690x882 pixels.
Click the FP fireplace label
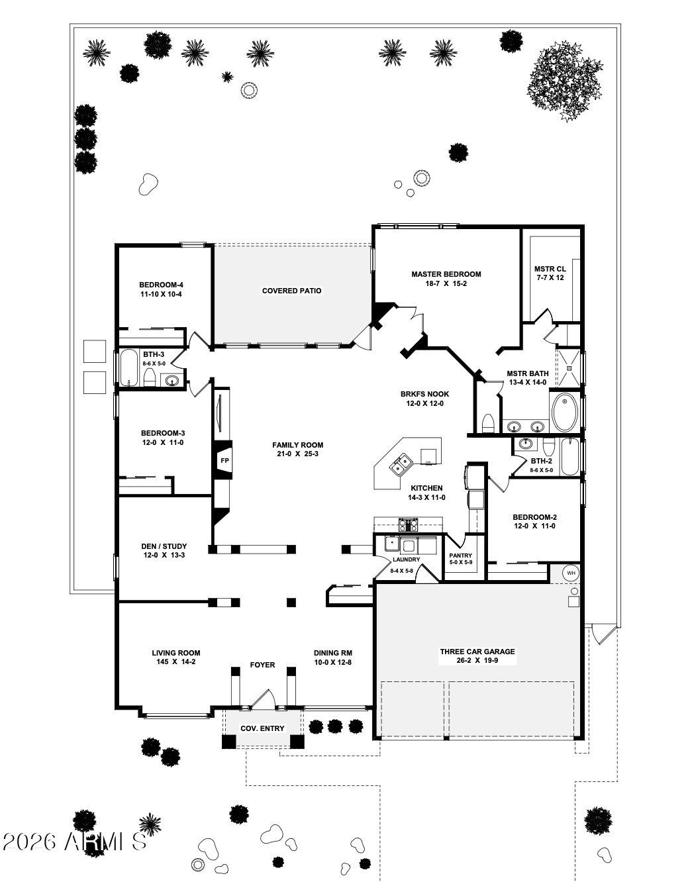pyautogui.click(x=224, y=461)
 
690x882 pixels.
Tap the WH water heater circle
pyautogui.click(x=571, y=572)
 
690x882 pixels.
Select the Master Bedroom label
pyautogui.click(x=446, y=274)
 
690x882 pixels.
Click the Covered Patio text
pyautogui.click(x=291, y=291)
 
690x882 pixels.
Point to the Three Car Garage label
pyautogui.click(x=477, y=652)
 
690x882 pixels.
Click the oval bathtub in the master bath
pyautogui.click(x=565, y=411)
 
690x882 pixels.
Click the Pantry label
pyautogui.click(x=460, y=556)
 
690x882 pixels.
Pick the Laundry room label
pyautogui.click(x=406, y=560)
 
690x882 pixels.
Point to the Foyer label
pyautogui.click(x=262, y=665)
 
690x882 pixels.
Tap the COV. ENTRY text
pyautogui.click(x=262, y=728)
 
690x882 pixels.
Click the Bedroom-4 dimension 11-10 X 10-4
pyautogui.click(x=161, y=294)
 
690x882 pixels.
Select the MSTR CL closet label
pyautogui.click(x=550, y=269)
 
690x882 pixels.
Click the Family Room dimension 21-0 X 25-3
pyautogui.click(x=298, y=454)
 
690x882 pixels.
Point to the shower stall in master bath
pyautogui.click(x=567, y=367)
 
